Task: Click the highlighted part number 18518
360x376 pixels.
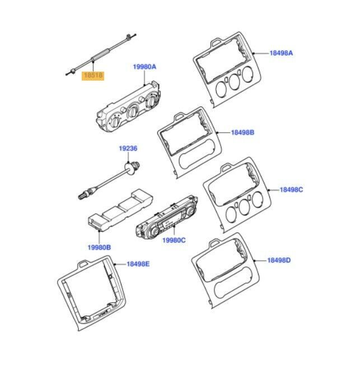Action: [93, 76]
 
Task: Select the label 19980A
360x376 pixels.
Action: [144, 67]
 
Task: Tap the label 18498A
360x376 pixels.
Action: [281, 53]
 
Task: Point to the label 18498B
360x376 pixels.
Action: [242, 133]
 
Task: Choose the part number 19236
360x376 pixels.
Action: [128, 148]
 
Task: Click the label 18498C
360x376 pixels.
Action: [291, 190]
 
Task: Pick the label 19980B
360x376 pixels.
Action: [99, 247]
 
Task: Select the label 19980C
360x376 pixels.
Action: [174, 240]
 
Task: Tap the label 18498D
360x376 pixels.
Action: [279, 260]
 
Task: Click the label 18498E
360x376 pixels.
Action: [138, 264]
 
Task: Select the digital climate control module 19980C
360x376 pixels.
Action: [166, 217]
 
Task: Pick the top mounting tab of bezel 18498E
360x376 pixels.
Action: [84, 264]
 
